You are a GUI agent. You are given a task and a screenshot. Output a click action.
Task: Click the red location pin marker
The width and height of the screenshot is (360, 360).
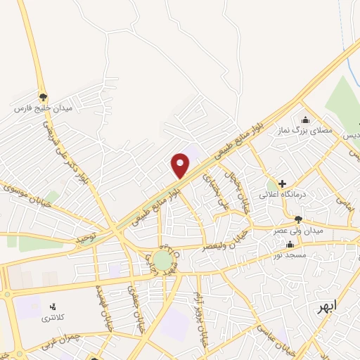[x=181, y=165]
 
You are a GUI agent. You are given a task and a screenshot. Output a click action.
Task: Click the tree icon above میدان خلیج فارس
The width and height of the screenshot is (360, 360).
[x=43, y=97]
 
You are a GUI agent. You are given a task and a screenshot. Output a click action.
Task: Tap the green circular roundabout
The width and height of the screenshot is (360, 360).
[x=163, y=261]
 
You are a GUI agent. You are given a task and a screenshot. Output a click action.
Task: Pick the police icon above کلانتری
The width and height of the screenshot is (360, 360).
[x=52, y=307]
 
